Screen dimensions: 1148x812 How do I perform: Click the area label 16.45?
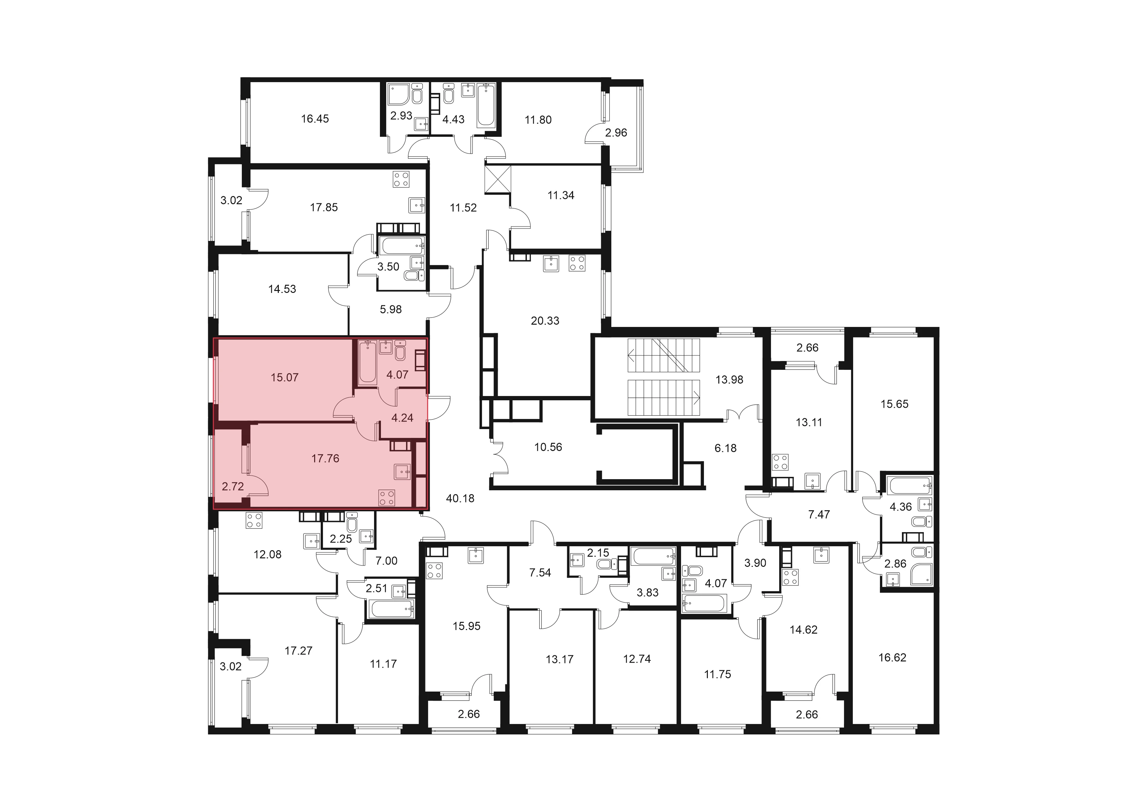(x=315, y=119)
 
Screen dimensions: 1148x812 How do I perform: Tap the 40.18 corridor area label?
(x=460, y=498)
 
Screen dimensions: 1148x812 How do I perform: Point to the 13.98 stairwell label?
(x=729, y=380)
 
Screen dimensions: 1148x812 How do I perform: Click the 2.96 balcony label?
(x=616, y=133)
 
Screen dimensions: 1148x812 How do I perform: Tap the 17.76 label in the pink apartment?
(x=326, y=459)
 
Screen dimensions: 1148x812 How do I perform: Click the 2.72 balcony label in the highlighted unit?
(x=232, y=486)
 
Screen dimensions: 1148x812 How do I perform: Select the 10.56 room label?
(x=548, y=447)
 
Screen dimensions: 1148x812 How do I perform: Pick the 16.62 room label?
(x=892, y=658)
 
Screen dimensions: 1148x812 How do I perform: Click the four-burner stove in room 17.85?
(x=401, y=179)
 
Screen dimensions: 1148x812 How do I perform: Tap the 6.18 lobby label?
(x=726, y=448)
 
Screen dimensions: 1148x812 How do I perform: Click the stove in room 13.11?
(x=780, y=462)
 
